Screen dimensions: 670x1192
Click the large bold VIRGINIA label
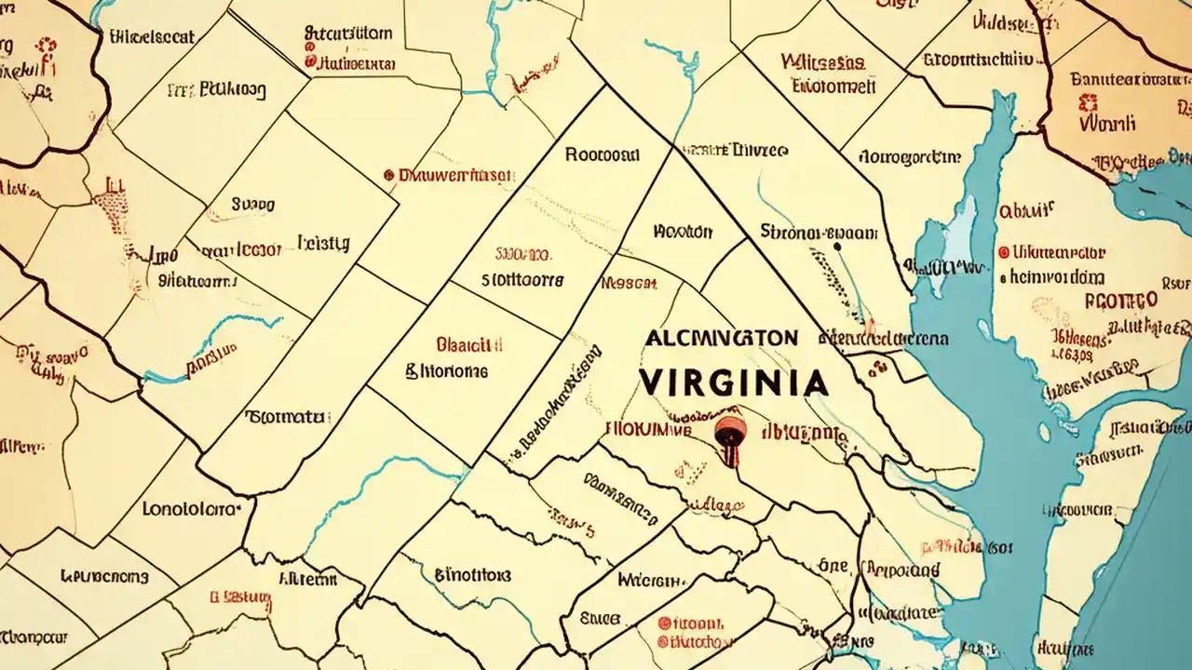tap(733, 382)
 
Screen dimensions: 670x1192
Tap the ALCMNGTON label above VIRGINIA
tap(720, 338)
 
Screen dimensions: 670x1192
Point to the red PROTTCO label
tap(1121, 301)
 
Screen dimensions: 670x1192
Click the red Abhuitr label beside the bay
tap(1026, 210)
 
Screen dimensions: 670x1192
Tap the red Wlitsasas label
tap(822, 62)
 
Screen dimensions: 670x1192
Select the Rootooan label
tap(602, 154)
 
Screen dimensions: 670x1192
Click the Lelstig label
tap(323, 243)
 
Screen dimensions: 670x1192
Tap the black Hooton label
tap(683, 231)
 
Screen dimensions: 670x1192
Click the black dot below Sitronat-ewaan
tap(836, 248)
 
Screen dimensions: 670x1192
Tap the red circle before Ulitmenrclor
tap(1003, 252)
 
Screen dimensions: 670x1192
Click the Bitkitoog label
tap(216, 90)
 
